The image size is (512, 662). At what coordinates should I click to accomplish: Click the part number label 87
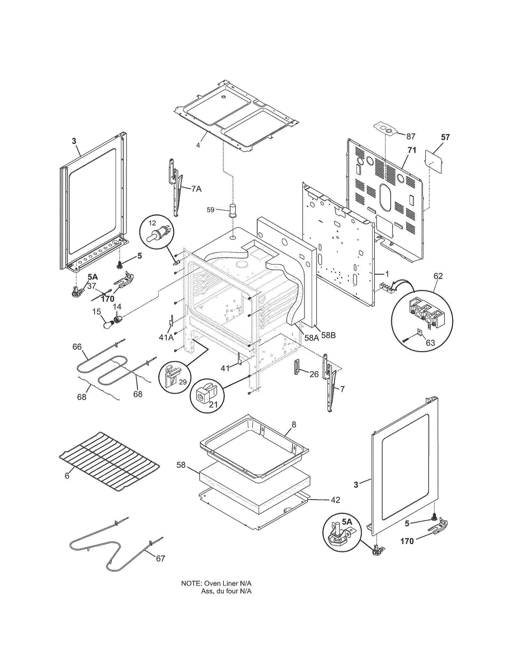tap(411, 136)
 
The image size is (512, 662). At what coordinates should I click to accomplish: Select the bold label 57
tap(445, 137)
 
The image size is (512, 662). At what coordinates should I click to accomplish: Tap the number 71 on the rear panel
tap(412, 150)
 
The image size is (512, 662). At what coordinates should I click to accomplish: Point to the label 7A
tap(196, 189)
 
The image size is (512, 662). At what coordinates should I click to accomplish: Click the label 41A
tap(166, 337)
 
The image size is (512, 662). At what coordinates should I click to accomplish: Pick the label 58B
tap(328, 335)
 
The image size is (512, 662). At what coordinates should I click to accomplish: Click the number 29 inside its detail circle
tap(183, 382)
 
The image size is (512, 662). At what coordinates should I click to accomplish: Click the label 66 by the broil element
tap(77, 347)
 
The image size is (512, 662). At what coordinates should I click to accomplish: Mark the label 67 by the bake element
tap(160, 558)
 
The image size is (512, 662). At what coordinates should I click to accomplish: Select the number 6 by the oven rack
tap(67, 485)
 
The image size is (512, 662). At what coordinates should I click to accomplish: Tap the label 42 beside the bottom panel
tap(335, 500)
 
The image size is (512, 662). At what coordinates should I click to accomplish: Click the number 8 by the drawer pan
tap(294, 424)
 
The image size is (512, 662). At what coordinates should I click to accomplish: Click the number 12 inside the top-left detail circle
tap(152, 222)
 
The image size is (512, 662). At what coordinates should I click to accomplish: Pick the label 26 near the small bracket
tap(314, 374)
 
